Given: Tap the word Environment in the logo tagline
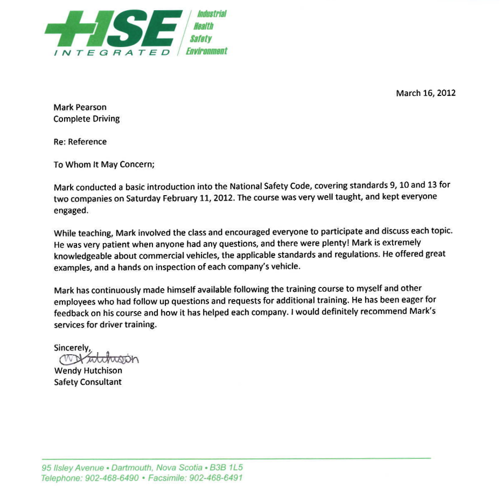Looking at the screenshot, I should click(x=207, y=51).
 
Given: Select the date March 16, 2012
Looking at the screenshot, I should click(x=426, y=93).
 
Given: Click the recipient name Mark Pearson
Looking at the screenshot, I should click(x=80, y=107).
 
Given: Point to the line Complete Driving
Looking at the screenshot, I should click(x=86, y=119).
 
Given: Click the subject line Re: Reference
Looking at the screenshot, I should click(x=80, y=142).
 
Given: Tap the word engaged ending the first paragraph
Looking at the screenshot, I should click(x=70, y=210).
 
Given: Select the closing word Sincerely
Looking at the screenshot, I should click(x=72, y=348).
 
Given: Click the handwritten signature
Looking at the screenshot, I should click(x=97, y=359).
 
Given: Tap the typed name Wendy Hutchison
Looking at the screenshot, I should click(x=88, y=371).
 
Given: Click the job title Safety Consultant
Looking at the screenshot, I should click(x=88, y=382).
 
